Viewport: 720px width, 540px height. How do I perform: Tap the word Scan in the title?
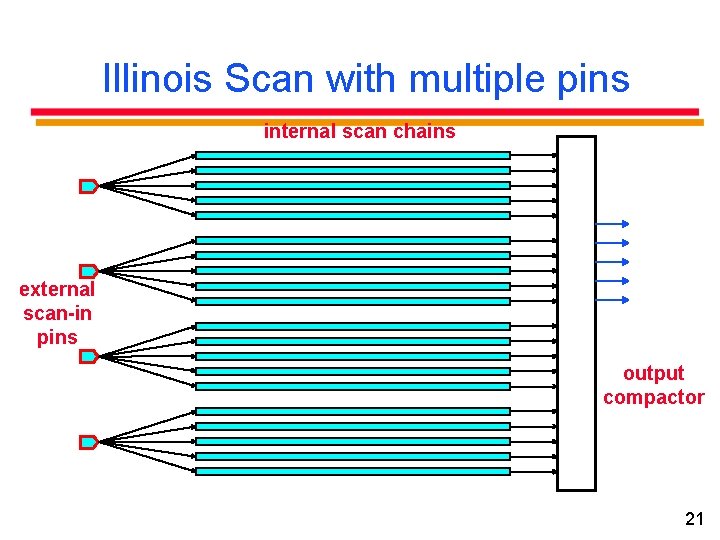265,79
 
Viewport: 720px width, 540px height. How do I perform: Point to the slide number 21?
694,518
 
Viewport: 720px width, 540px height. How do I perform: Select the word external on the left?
57,289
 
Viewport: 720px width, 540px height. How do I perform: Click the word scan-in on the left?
57,313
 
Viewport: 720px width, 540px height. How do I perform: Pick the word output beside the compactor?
653,373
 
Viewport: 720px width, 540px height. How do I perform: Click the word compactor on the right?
653,397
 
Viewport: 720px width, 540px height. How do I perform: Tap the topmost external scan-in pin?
88,186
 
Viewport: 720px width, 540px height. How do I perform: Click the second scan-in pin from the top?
88,271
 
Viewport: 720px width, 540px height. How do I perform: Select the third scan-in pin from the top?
88,356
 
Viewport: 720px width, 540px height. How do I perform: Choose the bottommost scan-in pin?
88,441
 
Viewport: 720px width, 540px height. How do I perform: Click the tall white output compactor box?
576,313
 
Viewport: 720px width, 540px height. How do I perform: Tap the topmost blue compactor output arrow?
612,224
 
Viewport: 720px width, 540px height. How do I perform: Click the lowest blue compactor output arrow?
612,299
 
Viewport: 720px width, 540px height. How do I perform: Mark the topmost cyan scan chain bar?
352,155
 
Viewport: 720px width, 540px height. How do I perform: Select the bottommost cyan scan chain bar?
352,471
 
